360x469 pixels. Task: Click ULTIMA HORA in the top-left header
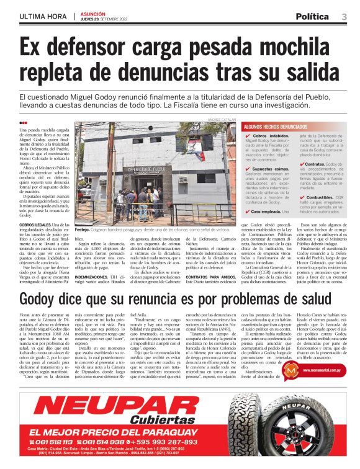click(44, 16)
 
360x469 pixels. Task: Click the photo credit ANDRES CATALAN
click(222, 119)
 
